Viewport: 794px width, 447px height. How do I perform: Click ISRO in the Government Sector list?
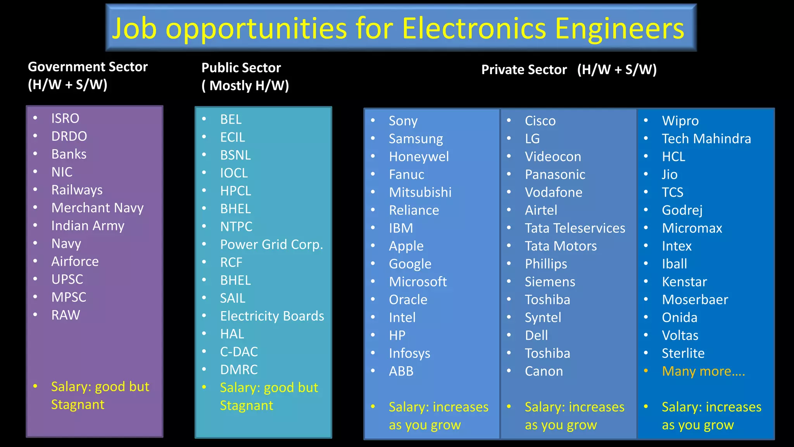pyautogui.click(x=65, y=118)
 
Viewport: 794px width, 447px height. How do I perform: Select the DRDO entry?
pyautogui.click(x=69, y=136)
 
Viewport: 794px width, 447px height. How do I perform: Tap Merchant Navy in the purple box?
pyautogui.click(x=97, y=208)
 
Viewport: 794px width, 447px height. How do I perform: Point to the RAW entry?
pyautogui.click(x=66, y=315)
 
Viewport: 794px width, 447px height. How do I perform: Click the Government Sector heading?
pyautogui.click(x=88, y=76)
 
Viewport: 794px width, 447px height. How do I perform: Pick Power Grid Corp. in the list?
pyautogui.click(x=271, y=244)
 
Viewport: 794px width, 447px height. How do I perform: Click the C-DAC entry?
pyautogui.click(x=239, y=352)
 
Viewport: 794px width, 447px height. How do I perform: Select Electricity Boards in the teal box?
pyautogui.click(x=272, y=316)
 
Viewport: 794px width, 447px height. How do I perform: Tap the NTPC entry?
pyautogui.click(x=236, y=227)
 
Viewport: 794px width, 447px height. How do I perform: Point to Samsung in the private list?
pyautogui.click(x=416, y=139)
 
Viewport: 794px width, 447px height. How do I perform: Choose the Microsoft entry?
pyautogui.click(x=418, y=282)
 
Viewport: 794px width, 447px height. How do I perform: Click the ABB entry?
pyautogui.click(x=401, y=371)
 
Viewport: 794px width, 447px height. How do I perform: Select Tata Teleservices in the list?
pyautogui.click(x=575, y=228)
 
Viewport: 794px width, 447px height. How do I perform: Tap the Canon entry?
pyautogui.click(x=544, y=371)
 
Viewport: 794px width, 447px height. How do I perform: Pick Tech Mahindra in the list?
pyautogui.click(x=706, y=139)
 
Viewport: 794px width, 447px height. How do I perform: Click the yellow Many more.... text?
pyautogui.click(x=703, y=371)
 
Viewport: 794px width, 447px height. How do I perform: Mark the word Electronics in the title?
pyautogui.click(x=474, y=28)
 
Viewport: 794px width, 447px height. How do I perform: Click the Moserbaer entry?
pyautogui.click(x=695, y=300)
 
